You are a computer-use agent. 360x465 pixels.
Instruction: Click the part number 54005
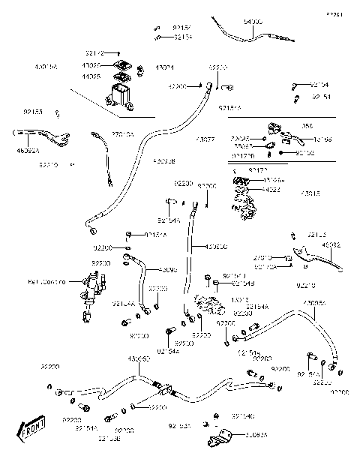coord(253,23)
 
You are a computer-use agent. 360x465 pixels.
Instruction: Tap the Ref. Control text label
coord(46,281)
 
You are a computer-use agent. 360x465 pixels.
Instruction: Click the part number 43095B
coord(163,160)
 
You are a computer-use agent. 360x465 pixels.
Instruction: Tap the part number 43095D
coord(140,360)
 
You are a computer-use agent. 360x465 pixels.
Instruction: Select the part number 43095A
coord(315,302)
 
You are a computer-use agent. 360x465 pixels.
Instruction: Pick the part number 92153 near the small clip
coord(32,112)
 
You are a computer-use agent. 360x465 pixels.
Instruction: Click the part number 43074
coord(163,69)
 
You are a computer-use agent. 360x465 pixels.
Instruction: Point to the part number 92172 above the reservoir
coord(94,53)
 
